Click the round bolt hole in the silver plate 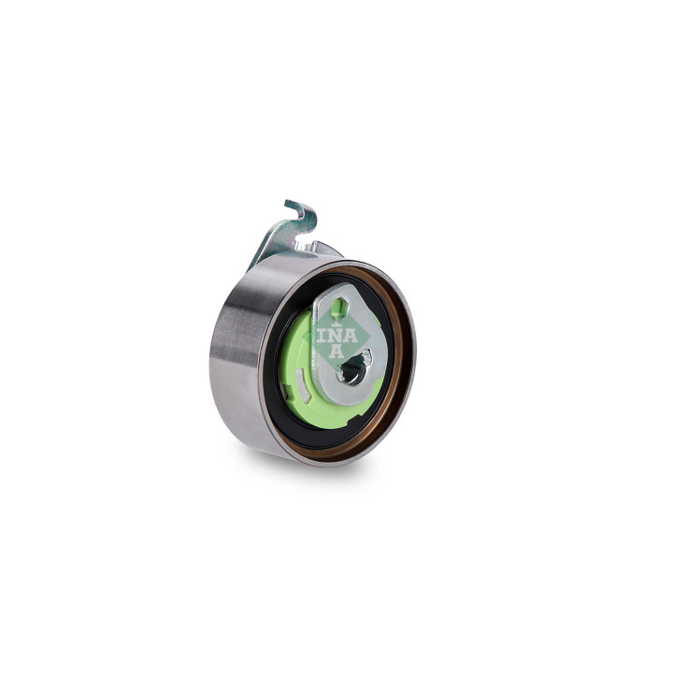(x=352, y=371)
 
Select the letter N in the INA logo (x=336, y=336)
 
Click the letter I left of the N (x=322, y=335)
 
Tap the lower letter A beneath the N (x=336, y=351)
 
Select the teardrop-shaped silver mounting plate (x=350, y=343)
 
